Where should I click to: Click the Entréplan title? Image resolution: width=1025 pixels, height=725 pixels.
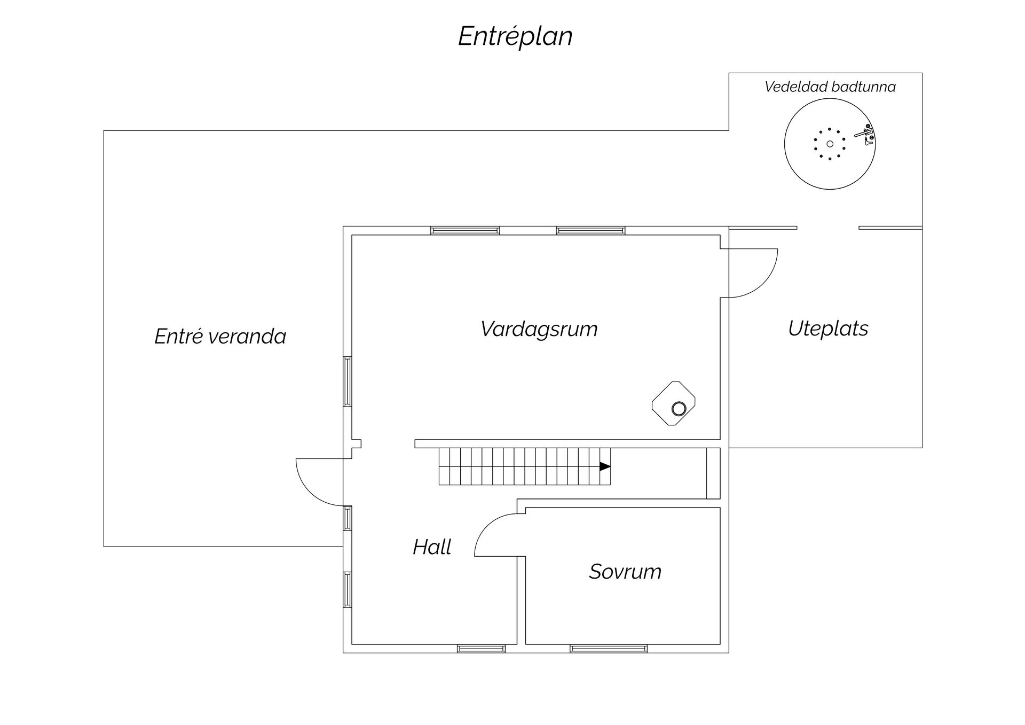point(515,36)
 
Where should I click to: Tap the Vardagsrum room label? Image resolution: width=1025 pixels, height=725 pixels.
point(539,329)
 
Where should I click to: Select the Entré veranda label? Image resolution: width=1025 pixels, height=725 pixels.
point(220,336)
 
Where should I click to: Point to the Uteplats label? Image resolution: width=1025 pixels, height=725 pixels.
point(827,328)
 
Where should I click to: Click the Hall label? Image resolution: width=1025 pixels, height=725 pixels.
point(431,547)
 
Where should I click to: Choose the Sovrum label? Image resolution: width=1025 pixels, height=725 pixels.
point(625,571)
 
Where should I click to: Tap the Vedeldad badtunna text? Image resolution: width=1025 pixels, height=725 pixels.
point(830,87)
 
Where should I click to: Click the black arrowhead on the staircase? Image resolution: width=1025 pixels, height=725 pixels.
point(605,466)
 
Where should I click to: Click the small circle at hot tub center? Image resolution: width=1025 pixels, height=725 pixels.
point(830,144)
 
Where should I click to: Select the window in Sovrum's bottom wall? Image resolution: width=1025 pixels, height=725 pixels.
point(608,649)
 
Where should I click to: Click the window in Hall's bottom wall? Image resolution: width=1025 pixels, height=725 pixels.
point(481,649)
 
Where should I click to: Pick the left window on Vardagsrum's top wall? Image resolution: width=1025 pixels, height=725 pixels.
point(465,231)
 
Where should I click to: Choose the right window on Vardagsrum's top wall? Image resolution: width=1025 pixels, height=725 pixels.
point(590,231)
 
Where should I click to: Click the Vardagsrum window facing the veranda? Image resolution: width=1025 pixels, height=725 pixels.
point(347,381)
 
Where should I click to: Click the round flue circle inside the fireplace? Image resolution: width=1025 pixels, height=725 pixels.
point(679,409)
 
